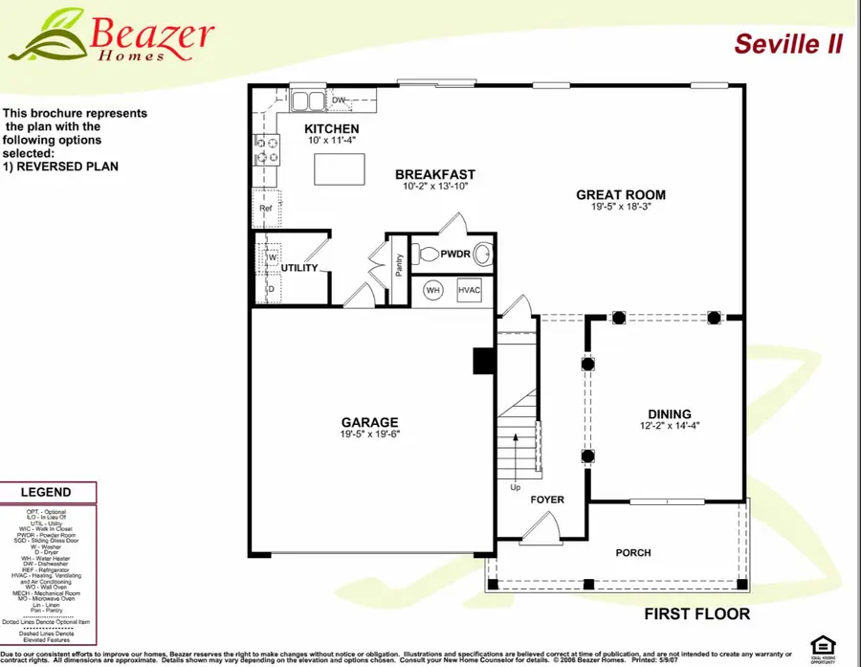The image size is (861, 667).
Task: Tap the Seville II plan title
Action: click(788, 44)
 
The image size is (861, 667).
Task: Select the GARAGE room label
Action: click(370, 422)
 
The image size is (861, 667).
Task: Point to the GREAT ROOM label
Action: click(620, 195)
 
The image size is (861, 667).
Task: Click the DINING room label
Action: click(666, 413)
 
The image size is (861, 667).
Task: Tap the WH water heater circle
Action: click(432, 290)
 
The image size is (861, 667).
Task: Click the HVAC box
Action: click(470, 290)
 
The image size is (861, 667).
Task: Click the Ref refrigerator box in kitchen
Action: click(266, 208)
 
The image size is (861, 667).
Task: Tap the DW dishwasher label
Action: click(339, 100)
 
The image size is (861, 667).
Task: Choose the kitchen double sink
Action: click(308, 100)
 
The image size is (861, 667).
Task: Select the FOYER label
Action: click(548, 500)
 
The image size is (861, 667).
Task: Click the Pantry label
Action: click(399, 263)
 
